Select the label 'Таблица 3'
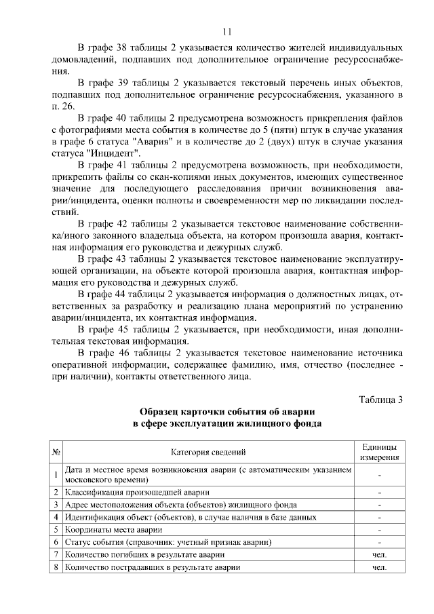(x=380, y=399)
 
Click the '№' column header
(x=56, y=452)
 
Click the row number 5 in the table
(x=56, y=529)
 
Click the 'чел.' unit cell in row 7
(x=379, y=554)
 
